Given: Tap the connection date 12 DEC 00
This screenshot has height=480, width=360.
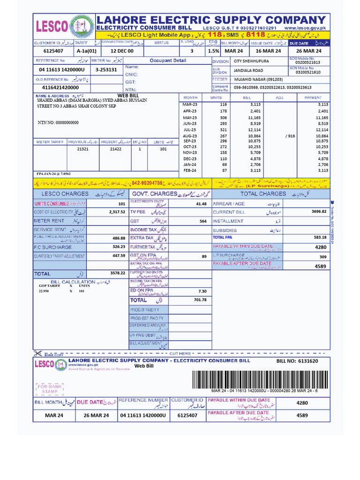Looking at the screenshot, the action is [121, 51].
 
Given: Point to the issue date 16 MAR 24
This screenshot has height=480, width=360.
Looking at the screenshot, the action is [268, 51].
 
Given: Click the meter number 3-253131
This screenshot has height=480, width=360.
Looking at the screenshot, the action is [106, 69].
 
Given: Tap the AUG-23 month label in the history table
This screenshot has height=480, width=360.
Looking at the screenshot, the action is [190, 135].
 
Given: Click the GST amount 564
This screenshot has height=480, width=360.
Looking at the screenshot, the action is [203, 221].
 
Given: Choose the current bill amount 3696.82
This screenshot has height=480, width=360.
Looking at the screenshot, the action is [318, 212].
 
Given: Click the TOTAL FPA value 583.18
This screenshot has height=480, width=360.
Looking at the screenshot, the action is [320, 238].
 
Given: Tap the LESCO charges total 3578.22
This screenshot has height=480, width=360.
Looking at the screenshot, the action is [117, 273].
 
